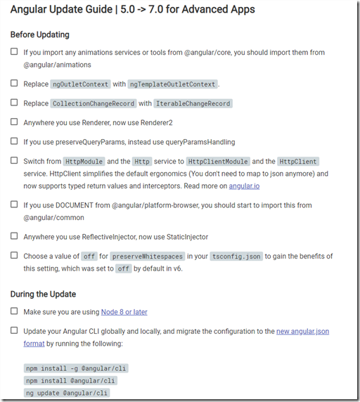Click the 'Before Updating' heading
(39, 34)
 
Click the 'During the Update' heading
(44, 294)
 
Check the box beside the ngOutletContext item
(15, 84)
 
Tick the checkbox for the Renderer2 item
(15, 122)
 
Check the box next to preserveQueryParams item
(15, 141)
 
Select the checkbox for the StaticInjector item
(15, 236)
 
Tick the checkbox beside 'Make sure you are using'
(15, 311)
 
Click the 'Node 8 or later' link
(124, 312)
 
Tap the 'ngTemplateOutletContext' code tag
(172, 84)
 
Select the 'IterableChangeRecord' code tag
(193, 103)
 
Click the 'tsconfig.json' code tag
(236, 257)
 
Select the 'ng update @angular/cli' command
(67, 394)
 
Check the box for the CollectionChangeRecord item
(15, 103)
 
